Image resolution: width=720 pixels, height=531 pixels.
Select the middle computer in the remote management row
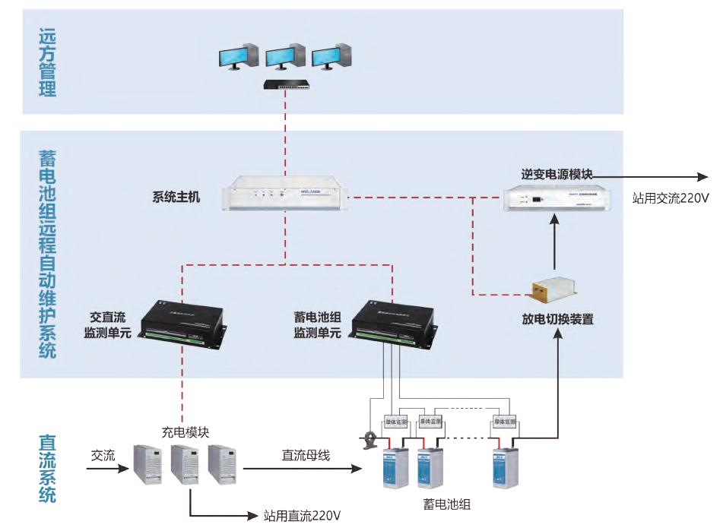[285, 56]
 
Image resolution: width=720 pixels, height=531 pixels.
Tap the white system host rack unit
[285, 197]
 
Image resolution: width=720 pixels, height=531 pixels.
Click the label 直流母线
[304, 455]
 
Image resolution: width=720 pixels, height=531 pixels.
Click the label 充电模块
[186, 432]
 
